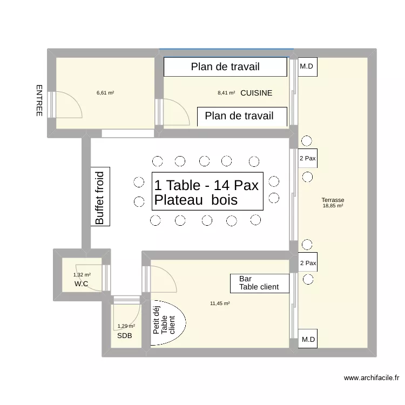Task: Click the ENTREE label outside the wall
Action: coord(39,100)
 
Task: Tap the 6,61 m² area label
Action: coord(105,93)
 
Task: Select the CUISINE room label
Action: coord(256,93)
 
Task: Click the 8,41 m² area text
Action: coord(226,93)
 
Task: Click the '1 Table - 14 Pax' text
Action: coord(207,185)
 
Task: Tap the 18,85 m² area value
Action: coord(333,206)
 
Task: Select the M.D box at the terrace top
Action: coord(307,67)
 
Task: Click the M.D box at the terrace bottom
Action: coord(308,340)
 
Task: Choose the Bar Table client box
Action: coord(260,282)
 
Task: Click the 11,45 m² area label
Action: coord(220,303)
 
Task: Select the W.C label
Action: coord(82,283)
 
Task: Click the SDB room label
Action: coord(124,335)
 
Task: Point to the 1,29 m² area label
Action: coord(126,326)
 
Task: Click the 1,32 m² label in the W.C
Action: coord(82,275)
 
